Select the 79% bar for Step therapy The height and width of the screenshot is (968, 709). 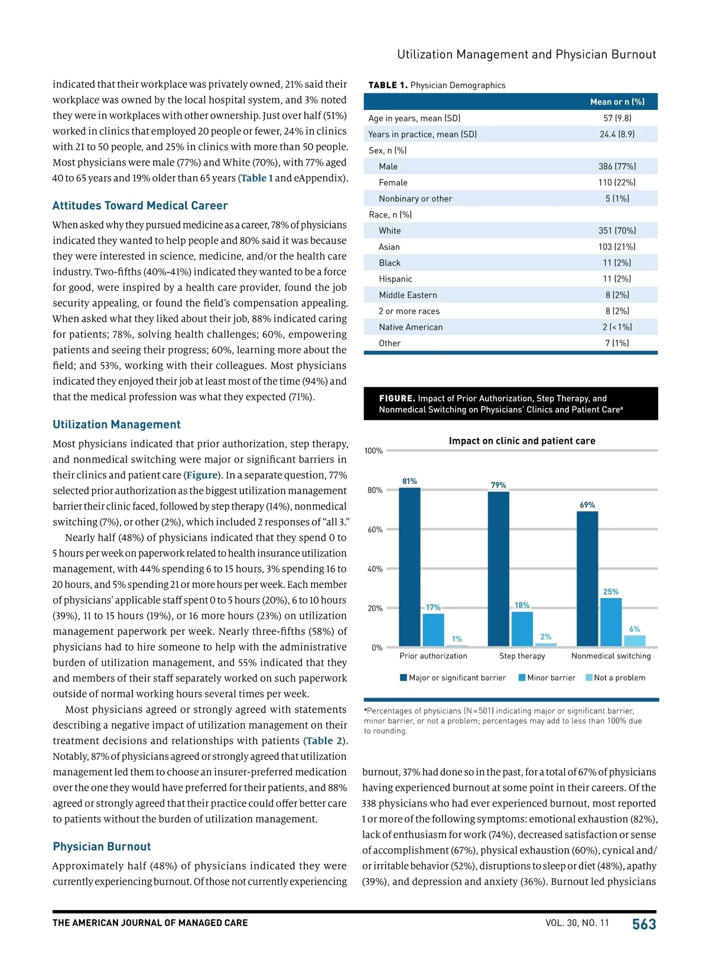click(498, 569)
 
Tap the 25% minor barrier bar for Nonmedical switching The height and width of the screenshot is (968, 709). click(611, 622)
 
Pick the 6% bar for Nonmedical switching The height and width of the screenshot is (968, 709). click(635, 641)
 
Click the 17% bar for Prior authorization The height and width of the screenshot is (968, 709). click(433, 629)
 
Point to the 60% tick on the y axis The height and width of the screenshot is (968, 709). click(375, 530)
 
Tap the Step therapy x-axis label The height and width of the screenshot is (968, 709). click(522, 656)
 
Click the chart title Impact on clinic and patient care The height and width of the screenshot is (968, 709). click(522, 441)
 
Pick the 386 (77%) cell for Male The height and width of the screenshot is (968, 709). click(617, 167)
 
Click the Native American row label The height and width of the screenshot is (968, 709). click(411, 327)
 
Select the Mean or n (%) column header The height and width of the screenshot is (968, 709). click(617, 102)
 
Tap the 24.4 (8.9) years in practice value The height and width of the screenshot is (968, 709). click(617, 134)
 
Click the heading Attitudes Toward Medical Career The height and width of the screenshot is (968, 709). click(140, 206)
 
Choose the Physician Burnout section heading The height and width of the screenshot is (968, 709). click(102, 847)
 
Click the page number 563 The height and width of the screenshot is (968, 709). click(644, 924)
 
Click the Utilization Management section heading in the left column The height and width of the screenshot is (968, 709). click(116, 424)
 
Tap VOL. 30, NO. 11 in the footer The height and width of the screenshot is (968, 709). click(577, 923)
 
